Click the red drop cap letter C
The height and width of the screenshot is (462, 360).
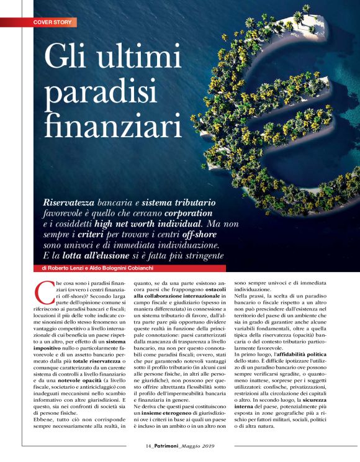[43, 290]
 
